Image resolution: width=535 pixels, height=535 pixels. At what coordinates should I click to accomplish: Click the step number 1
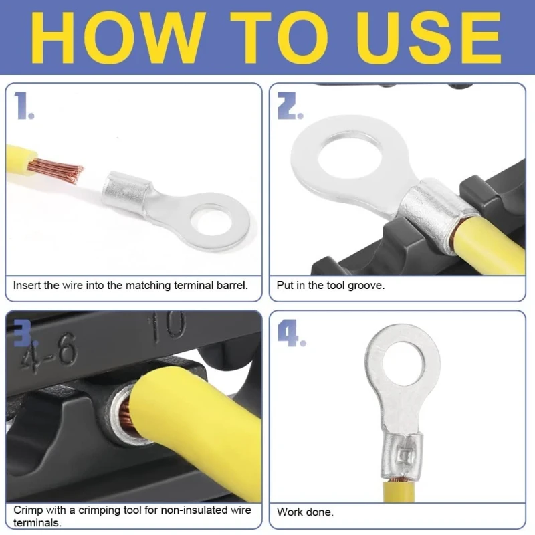(24, 106)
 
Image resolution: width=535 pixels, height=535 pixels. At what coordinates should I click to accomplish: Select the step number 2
(290, 106)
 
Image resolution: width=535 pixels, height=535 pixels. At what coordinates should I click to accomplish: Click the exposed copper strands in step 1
(56, 171)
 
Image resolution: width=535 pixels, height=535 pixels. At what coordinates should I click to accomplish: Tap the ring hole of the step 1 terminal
(212, 219)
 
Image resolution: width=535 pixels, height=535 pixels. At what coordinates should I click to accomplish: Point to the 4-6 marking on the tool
(47, 355)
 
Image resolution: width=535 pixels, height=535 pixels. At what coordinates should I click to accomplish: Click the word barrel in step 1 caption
(232, 285)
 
